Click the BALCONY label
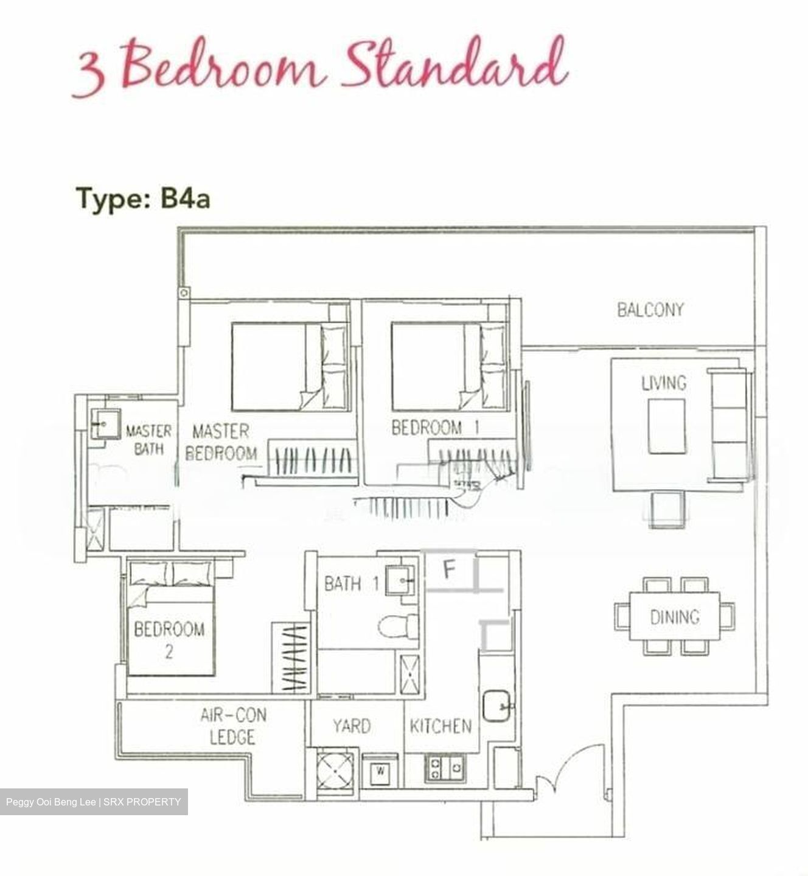[650, 310]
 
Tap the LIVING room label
[664, 383]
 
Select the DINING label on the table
[675, 617]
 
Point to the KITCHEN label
[441, 726]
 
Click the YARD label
[352, 726]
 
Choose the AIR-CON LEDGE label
[233, 726]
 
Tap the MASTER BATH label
[148, 440]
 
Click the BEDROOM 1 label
[435, 428]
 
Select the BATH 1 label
[351, 584]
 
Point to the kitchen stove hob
[445, 768]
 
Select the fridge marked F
[449, 570]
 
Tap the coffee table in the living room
[666, 426]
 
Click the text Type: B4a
[143, 199]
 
